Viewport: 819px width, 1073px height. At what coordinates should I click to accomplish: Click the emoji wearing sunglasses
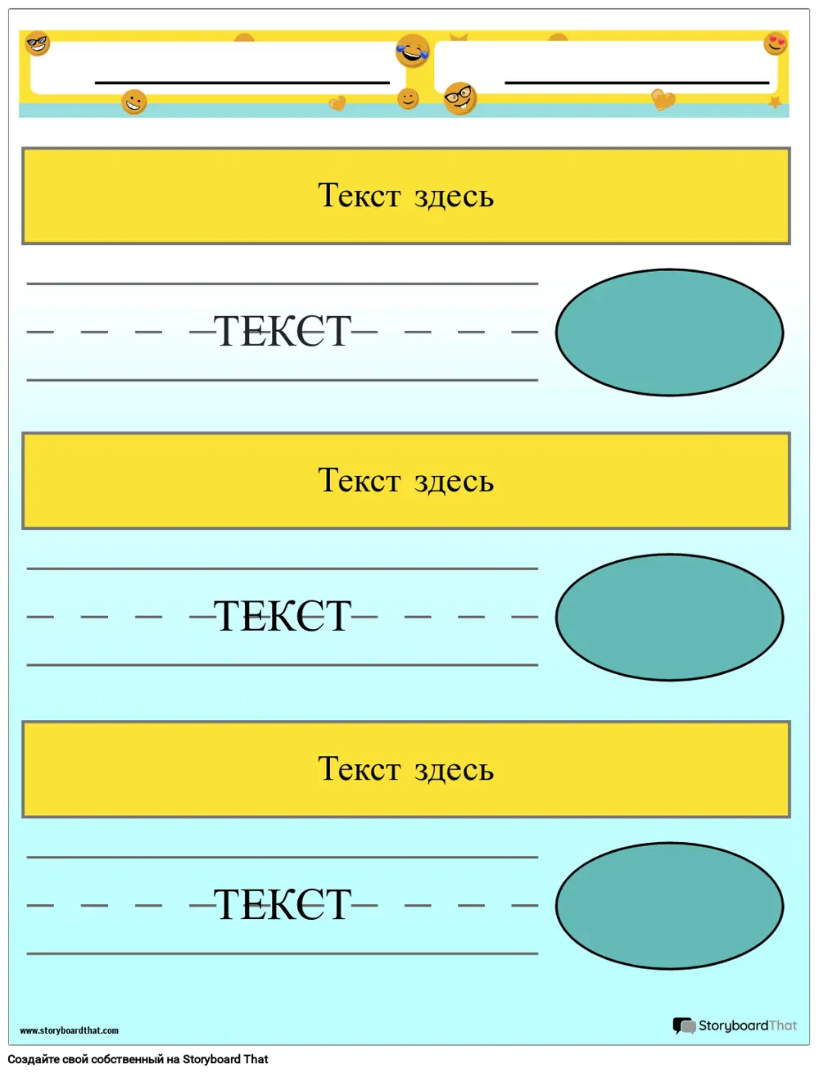tap(38, 43)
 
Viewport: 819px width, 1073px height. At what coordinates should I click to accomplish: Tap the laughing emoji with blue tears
tap(413, 50)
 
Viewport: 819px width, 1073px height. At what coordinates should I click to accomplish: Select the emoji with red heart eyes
tap(776, 43)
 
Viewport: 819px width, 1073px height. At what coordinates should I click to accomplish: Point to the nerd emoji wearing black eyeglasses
tap(459, 97)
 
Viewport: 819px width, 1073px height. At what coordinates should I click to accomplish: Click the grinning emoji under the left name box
tap(133, 102)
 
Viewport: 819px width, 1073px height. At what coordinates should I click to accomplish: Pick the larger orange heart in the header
tap(663, 100)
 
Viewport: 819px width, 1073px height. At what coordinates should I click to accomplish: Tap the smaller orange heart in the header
tap(337, 103)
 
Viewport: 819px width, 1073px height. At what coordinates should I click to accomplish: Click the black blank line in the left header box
tap(242, 83)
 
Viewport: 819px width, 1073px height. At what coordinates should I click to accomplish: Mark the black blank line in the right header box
tap(636, 83)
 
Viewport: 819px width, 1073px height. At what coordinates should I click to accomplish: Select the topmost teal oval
tap(669, 332)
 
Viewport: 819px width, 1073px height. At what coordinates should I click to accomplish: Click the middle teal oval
tap(669, 617)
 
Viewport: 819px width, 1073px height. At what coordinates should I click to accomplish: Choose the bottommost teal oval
tap(669, 905)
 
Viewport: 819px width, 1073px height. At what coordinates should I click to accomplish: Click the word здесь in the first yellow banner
tap(454, 197)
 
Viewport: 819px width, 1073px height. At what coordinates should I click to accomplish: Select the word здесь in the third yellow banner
tap(454, 768)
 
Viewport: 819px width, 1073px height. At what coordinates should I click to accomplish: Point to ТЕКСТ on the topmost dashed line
tap(283, 332)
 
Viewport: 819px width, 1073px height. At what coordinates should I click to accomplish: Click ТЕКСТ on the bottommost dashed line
tap(283, 905)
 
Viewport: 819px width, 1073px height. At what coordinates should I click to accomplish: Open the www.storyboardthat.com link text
tap(69, 1030)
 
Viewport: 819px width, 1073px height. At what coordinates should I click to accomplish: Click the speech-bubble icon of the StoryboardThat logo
tap(684, 1025)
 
